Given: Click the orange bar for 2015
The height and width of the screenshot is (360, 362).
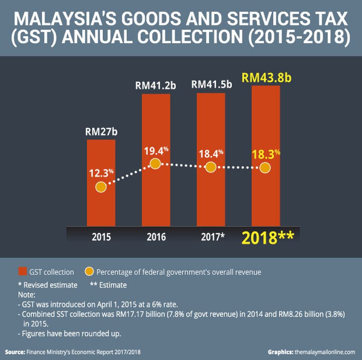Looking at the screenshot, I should (101, 208).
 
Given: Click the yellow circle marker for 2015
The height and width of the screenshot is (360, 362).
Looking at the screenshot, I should (101, 187).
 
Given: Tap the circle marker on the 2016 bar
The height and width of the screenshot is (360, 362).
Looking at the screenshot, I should (155, 163).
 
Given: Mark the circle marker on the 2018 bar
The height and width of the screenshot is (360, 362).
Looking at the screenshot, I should (265, 168).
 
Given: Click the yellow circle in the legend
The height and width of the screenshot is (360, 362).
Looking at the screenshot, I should (89, 272).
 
